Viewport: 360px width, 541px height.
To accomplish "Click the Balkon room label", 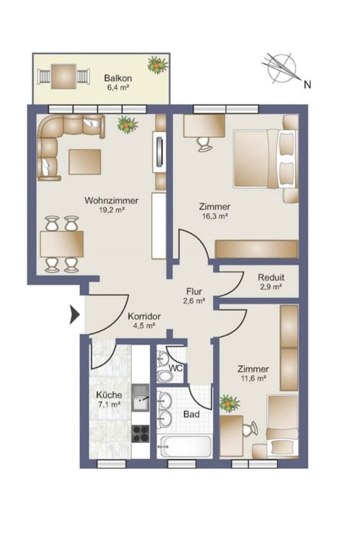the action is (x=118, y=78).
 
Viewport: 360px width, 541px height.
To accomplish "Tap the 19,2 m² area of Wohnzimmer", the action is (x=112, y=210).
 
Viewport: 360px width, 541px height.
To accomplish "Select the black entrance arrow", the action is (x=74, y=315).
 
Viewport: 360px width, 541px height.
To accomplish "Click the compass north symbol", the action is (x=281, y=68).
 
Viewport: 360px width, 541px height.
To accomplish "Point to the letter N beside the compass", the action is (x=307, y=84).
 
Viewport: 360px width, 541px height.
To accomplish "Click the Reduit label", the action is (x=271, y=277).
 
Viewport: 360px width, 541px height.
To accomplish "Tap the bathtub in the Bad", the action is (x=184, y=447).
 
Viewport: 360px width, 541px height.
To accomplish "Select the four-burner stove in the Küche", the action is (x=141, y=434).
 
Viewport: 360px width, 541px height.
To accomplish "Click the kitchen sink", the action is (x=141, y=397).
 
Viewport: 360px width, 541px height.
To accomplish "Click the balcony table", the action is (x=63, y=76).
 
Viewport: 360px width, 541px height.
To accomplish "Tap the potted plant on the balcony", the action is (x=158, y=64).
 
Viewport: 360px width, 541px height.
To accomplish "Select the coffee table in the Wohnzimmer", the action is (x=84, y=162).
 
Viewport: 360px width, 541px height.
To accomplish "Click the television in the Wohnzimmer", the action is (x=159, y=151).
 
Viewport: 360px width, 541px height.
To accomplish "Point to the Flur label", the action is (x=194, y=291).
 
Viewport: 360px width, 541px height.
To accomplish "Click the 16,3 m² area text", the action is (x=215, y=216).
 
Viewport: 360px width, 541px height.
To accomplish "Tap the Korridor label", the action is (x=144, y=316).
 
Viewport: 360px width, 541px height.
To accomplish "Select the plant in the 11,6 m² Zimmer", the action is (x=229, y=403).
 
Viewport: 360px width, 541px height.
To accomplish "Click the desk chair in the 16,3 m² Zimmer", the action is (x=205, y=144).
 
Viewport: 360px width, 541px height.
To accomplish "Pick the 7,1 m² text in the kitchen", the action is (x=110, y=404).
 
